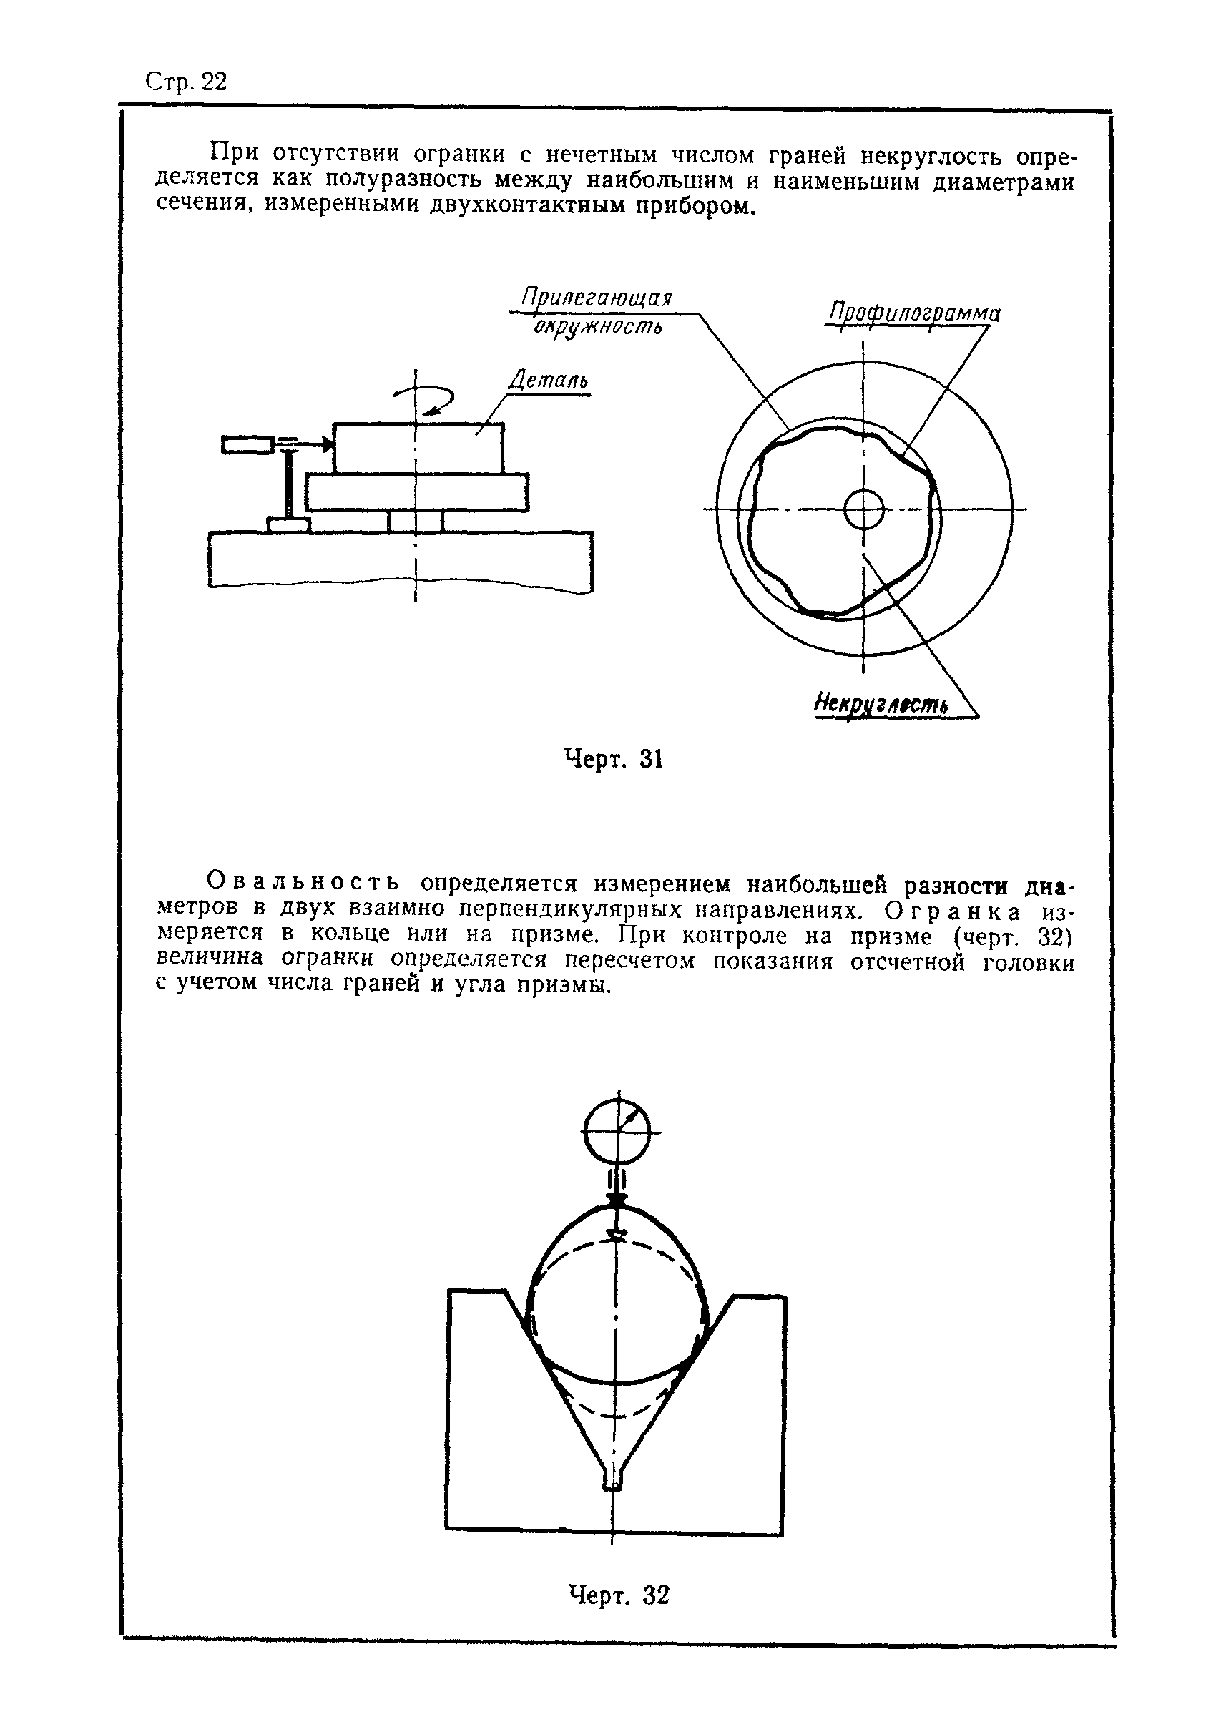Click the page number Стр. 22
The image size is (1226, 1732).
click(186, 82)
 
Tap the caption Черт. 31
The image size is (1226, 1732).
click(614, 759)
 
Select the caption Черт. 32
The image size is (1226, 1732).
click(618, 1595)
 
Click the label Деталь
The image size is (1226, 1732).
click(548, 380)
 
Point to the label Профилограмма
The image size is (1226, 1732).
click(914, 313)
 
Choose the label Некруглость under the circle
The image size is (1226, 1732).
click(881, 704)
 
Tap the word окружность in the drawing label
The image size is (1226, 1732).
click(598, 328)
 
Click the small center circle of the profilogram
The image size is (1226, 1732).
click(863, 510)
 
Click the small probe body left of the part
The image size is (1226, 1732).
click(247, 445)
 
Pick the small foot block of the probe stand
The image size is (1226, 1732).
click(289, 524)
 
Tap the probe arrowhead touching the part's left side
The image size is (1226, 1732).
click(327, 445)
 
